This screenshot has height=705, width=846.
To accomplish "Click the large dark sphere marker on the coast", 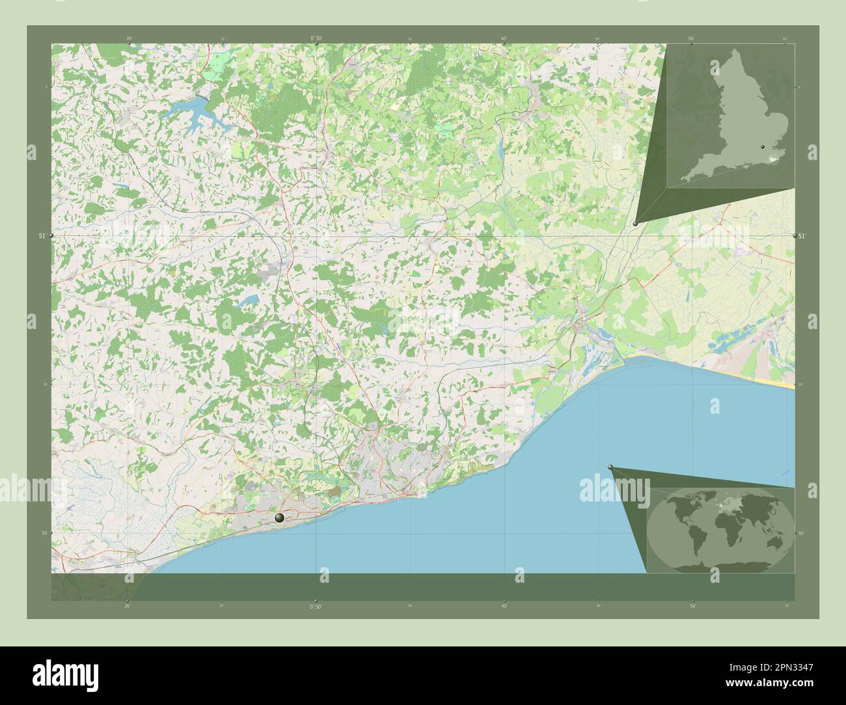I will (x=280, y=518).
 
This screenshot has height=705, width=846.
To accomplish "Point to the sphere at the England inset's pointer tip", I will (x=635, y=223).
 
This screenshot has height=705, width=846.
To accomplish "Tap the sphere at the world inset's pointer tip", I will (x=610, y=467).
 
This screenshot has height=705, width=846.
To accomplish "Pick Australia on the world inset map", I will (x=774, y=539).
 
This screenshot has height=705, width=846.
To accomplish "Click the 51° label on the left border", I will (x=42, y=235).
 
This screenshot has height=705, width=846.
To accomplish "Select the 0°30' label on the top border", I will (x=316, y=38).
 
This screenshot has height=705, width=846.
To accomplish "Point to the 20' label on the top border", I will (x=129, y=38).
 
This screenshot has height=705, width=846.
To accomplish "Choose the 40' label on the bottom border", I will (x=504, y=606).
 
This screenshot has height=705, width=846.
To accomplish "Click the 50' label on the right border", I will (x=802, y=533).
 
